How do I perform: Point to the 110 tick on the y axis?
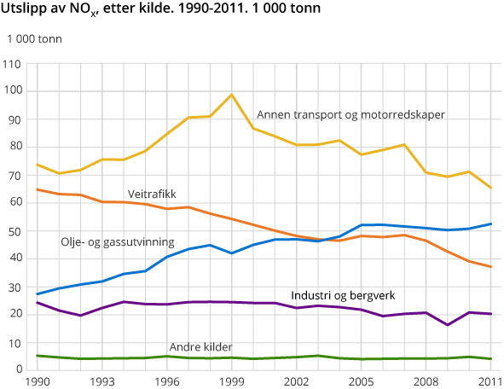pos(12,64)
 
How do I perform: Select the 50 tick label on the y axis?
pos(14,231)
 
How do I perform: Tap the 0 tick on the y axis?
pos(17,369)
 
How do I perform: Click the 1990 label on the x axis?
pos(37,382)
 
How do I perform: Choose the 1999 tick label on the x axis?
pos(231,382)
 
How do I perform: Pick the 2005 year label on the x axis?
pos(361,382)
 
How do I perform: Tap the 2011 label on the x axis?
pos(490,382)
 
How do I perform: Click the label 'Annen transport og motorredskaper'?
pos(350,114)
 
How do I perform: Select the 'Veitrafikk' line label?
pos(152,194)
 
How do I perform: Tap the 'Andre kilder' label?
pos(200,347)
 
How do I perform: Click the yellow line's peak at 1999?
pos(231,95)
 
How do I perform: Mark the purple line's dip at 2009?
pos(447,325)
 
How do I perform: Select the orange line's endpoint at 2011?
pos(490,267)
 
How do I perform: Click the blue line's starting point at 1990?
pos(37,293)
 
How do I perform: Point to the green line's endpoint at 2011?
pos(490,359)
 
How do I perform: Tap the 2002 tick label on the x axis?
pos(296,382)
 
